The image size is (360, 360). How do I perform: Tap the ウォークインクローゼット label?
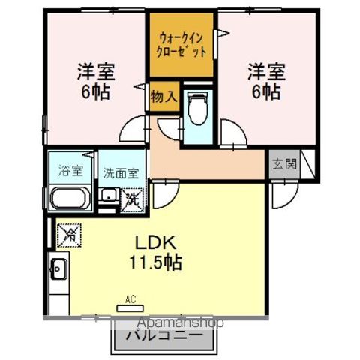(181, 45)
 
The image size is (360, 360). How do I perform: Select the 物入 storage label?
(164, 97)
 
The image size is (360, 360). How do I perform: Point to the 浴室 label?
(63, 170)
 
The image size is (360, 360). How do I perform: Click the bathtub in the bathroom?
(70, 200)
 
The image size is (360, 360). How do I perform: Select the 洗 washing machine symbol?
(133, 199)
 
